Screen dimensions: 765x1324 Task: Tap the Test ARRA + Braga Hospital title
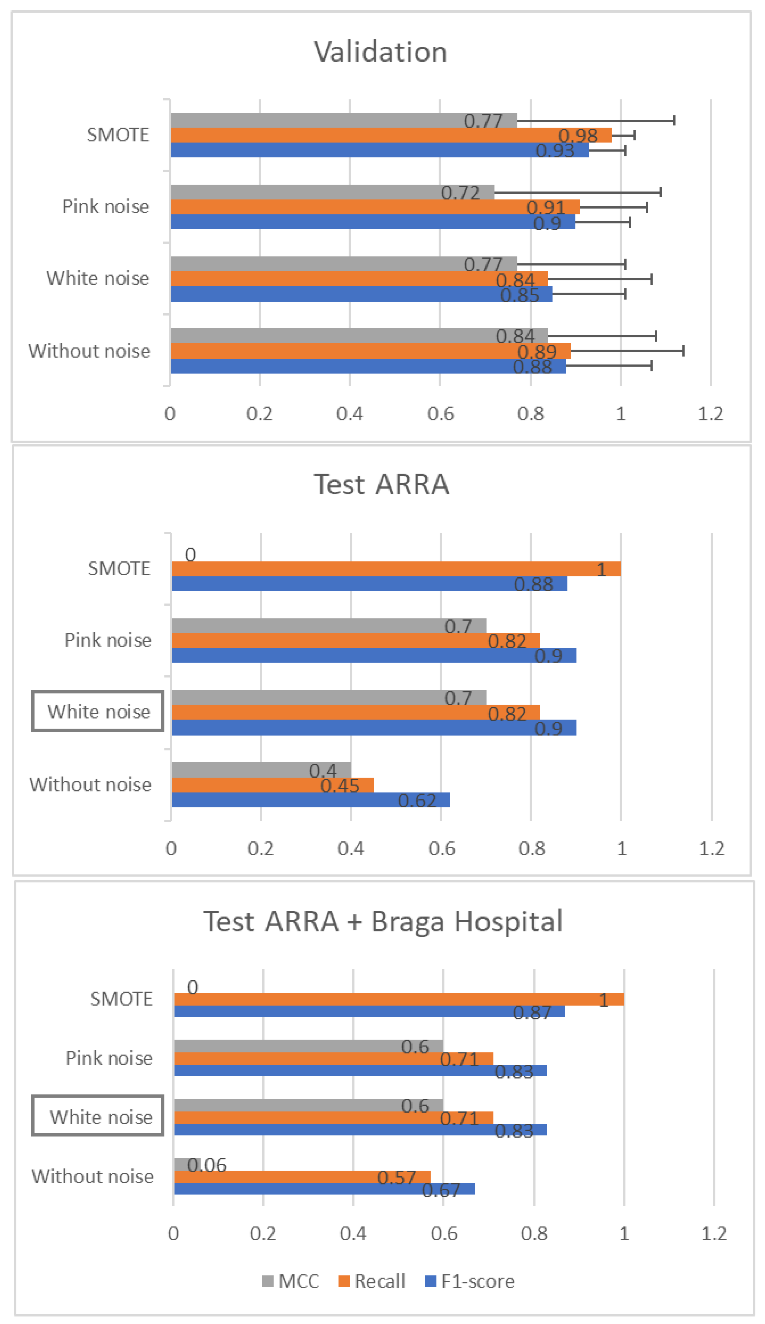[383, 922]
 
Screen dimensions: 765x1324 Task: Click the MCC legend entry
[290, 1281]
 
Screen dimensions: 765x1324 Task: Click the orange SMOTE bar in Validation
[392, 135]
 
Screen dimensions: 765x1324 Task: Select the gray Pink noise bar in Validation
[333, 192]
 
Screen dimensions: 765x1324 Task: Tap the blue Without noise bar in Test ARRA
[311, 800]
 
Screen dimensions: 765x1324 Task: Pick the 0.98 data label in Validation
[578, 136]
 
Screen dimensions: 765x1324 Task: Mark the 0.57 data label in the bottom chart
[397, 1178]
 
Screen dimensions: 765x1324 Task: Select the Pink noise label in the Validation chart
[106, 207]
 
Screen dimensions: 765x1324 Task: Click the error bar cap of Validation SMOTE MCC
[674, 120]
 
